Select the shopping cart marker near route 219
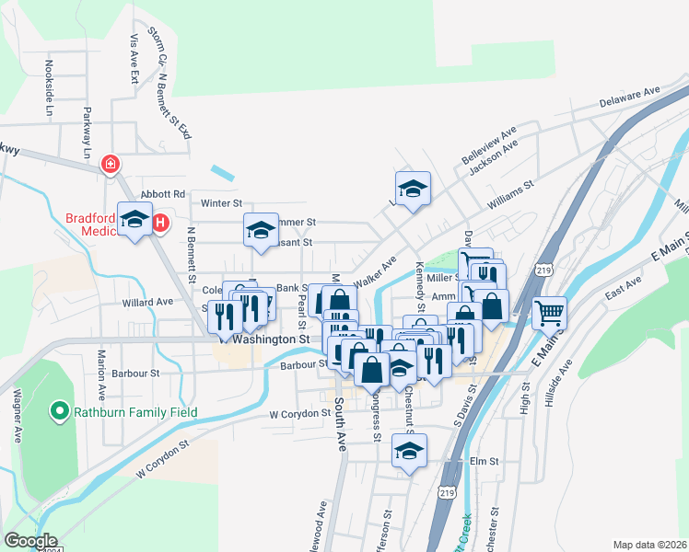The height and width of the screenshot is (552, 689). click(x=549, y=313)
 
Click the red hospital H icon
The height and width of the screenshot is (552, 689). click(x=160, y=223)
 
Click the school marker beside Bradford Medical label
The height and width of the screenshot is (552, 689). click(x=135, y=221)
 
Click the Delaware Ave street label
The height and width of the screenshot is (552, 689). click(x=632, y=96)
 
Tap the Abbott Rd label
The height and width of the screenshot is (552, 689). click(x=163, y=194)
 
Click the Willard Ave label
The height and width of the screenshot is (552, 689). click(x=147, y=302)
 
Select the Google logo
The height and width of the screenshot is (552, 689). click(x=30, y=541)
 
